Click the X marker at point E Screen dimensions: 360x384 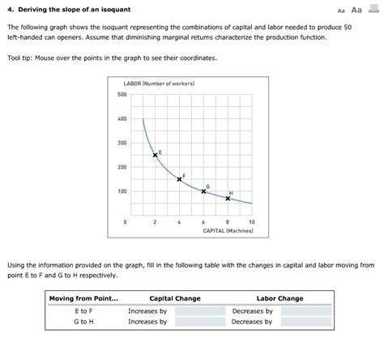point(156,155)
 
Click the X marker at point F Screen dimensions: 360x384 point(180,179)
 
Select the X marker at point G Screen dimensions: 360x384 point(203,191)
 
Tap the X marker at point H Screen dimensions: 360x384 point(228,198)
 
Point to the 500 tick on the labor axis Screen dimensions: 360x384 point(122,95)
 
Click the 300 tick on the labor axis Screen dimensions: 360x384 point(122,144)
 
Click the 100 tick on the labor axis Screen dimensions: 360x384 point(122,192)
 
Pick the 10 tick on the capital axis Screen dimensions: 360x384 point(252,221)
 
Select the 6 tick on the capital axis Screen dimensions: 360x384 point(203,221)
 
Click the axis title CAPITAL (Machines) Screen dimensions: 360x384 point(228,231)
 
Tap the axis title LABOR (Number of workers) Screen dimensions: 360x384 point(158,84)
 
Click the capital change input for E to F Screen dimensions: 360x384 point(200,311)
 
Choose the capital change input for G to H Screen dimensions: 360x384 point(200,322)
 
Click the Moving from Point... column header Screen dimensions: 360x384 point(83,298)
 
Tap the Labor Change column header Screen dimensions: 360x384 point(279,298)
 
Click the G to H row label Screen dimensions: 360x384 point(83,322)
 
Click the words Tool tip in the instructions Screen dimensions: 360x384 point(19,59)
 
